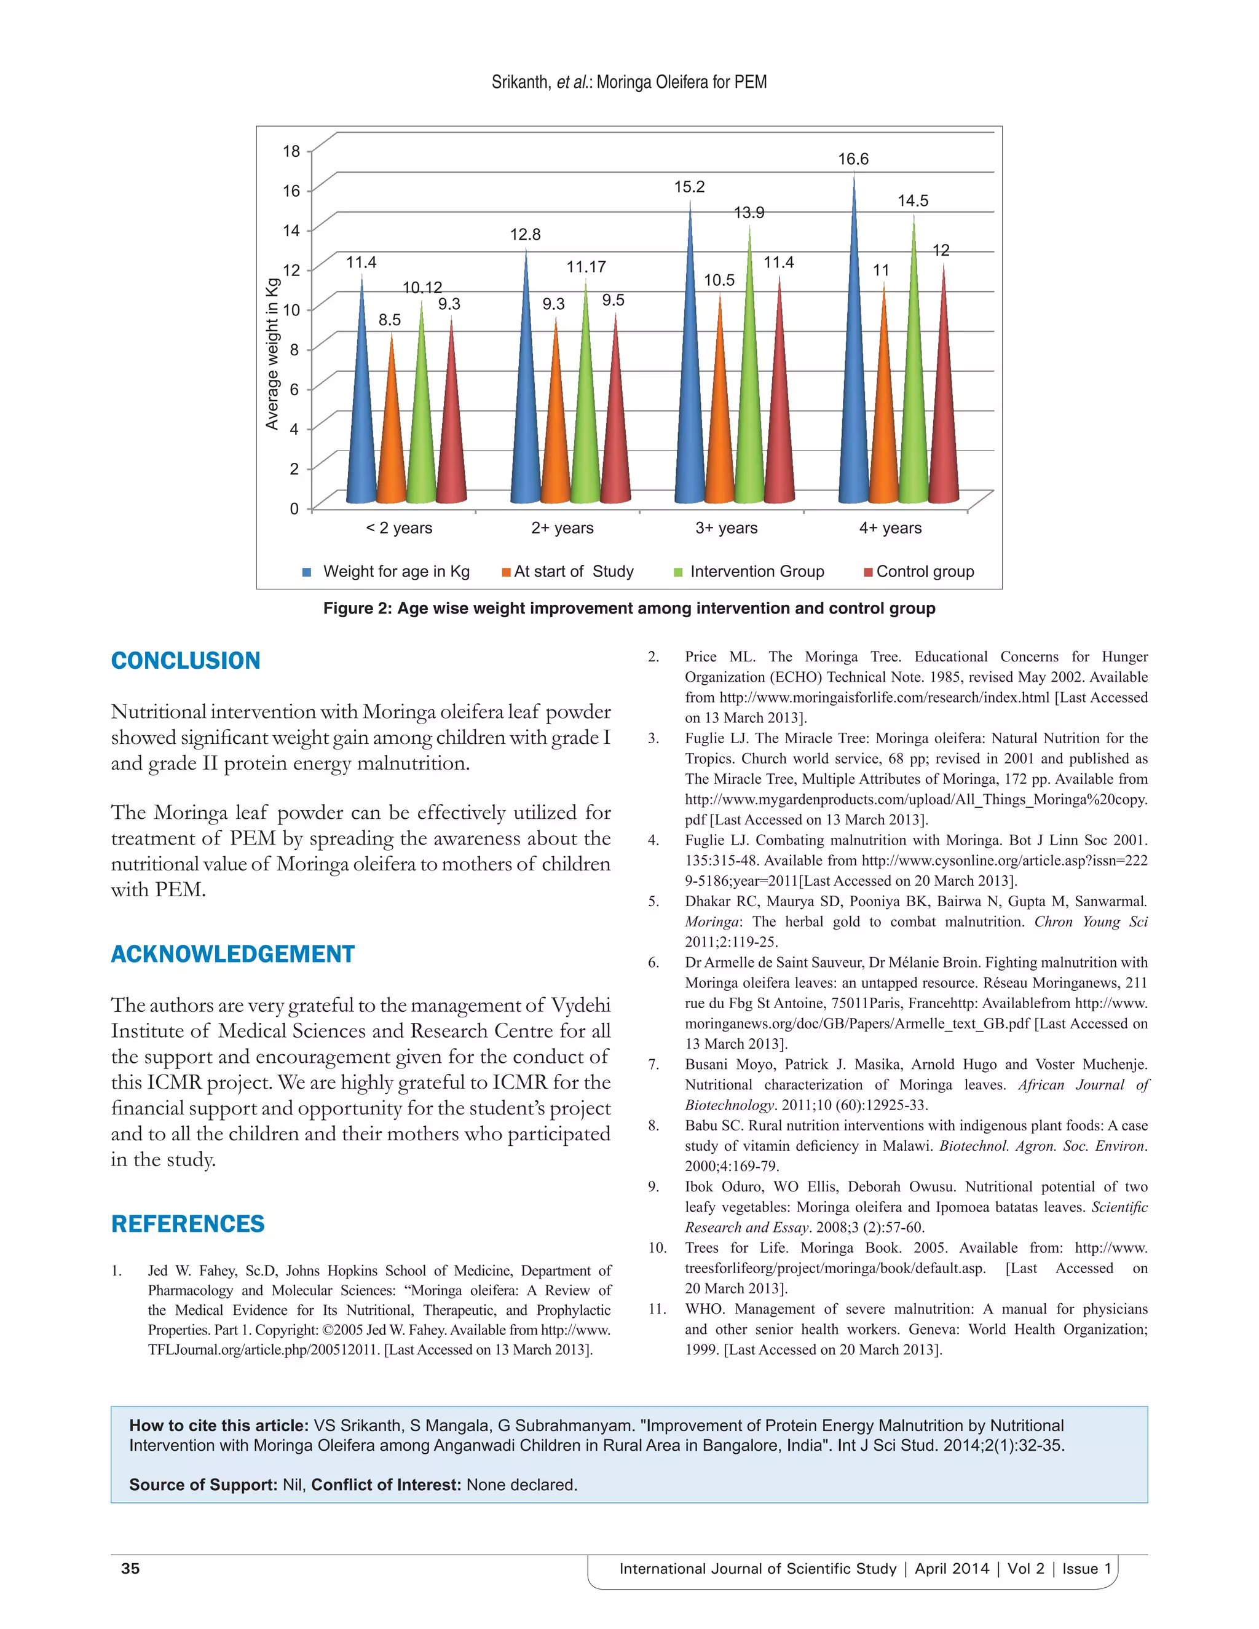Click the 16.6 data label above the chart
[x=853, y=159]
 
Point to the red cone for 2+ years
[x=615, y=425]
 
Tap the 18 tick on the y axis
[x=291, y=151]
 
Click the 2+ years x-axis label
[x=562, y=528]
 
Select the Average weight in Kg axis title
[x=272, y=353]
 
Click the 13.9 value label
[x=749, y=213]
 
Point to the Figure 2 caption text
[x=629, y=609]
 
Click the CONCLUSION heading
[x=186, y=661]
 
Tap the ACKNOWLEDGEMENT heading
[x=233, y=954]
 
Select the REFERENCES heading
[x=188, y=1224]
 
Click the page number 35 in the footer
[x=130, y=1569]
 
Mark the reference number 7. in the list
[x=653, y=1064]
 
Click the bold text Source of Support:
[x=203, y=1485]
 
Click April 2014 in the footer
[x=952, y=1569]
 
